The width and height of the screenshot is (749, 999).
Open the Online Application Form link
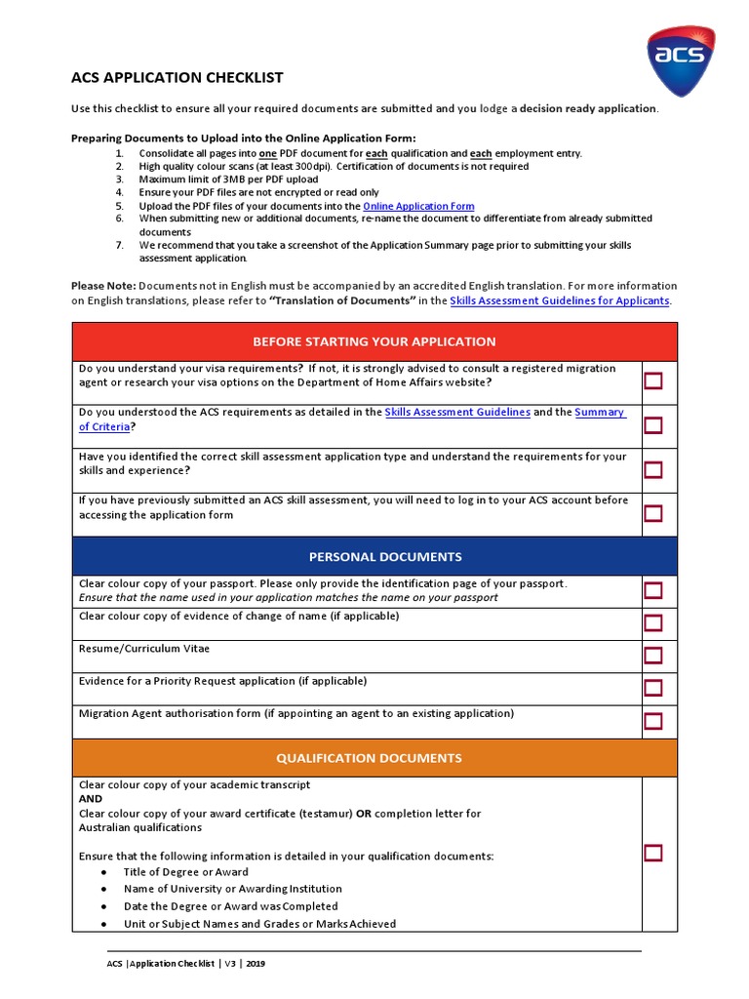click(x=418, y=206)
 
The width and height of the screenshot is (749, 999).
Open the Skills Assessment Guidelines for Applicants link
click(x=560, y=300)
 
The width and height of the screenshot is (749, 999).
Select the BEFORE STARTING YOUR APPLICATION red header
click(x=374, y=341)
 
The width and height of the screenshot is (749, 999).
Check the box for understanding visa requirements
click(x=652, y=380)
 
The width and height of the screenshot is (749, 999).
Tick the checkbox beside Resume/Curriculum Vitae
click(x=652, y=655)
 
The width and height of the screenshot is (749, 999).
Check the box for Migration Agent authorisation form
click(x=652, y=721)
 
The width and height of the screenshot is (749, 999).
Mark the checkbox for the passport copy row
click(x=652, y=590)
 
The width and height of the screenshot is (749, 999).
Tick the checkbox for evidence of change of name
click(x=652, y=622)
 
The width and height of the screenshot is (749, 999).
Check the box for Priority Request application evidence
click(x=652, y=688)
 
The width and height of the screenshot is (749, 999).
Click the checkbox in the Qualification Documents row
click(x=652, y=853)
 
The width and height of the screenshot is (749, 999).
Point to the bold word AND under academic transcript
click(x=91, y=798)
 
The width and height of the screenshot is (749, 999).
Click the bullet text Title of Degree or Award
click(x=185, y=872)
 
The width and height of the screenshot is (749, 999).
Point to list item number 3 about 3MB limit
click(x=228, y=180)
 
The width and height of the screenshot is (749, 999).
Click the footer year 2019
click(x=256, y=964)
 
